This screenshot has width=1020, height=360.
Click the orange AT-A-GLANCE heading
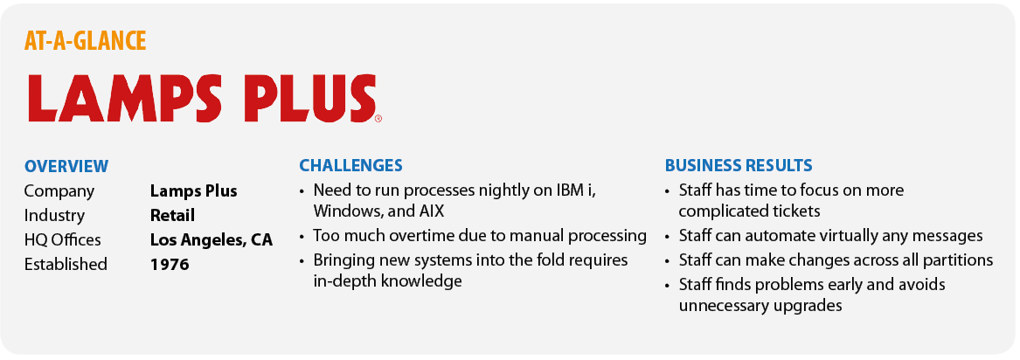click(85, 41)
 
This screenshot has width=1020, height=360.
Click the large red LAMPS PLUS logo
click(202, 98)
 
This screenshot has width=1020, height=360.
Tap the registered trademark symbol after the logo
click(378, 119)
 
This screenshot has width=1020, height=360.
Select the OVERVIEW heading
click(66, 166)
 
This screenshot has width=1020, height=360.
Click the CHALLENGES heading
click(350, 166)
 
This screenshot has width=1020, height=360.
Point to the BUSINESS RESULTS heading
click(739, 166)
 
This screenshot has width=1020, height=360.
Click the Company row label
click(59, 191)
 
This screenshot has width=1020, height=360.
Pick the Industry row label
click(55, 215)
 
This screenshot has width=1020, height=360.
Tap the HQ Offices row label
click(62, 239)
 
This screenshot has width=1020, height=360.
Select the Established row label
click(66, 265)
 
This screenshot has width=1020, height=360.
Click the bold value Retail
click(172, 215)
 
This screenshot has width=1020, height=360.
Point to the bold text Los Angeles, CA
click(212, 240)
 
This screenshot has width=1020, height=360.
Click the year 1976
click(170, 265)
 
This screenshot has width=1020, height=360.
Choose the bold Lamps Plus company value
click(194, 191)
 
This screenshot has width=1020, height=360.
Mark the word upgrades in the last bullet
click(810, 306)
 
